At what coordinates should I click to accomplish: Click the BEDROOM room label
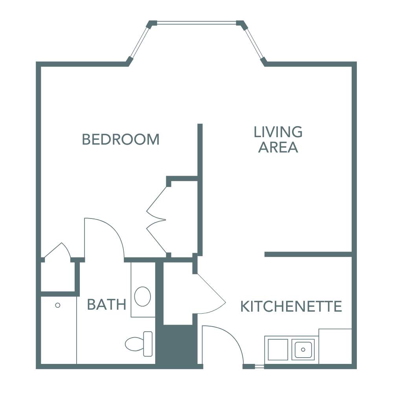(121, 140)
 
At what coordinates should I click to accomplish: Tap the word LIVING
(278, 132)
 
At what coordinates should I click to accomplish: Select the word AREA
(278, 147)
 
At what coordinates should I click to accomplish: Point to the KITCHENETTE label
(291, 307)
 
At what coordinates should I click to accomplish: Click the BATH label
(107, 305)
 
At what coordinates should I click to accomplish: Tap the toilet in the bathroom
(140, 344)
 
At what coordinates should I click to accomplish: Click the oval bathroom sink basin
(142, 296)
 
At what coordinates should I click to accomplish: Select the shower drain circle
(58, 305)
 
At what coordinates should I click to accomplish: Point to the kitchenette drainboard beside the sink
(278, 348)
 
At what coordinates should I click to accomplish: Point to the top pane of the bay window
(196, 22)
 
